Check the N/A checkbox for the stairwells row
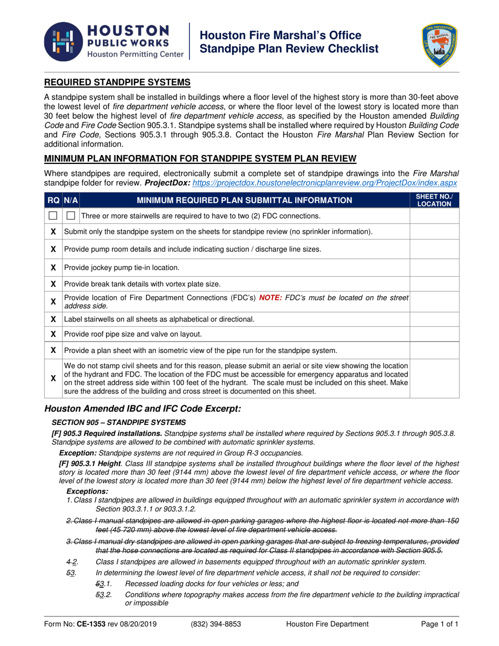[x=71, y=216]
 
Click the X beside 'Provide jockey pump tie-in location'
[x=53, y=267]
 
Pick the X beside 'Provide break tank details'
[x=53, y=284]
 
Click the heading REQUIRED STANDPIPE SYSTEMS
[x=117, y=82]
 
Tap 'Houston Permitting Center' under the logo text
[x=135, y=54]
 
